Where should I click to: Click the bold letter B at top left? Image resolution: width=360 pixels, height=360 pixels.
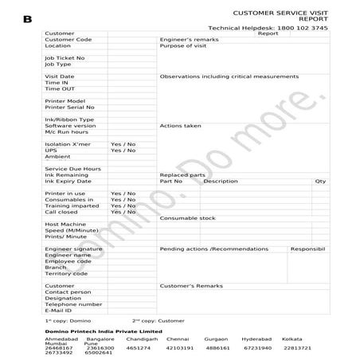(x=28, y=18)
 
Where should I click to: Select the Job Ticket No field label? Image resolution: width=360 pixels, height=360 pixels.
(x=65, y=58)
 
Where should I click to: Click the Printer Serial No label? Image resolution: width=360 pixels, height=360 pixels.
(x=69, y=107)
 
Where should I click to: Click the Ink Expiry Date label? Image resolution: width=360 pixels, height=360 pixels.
(x=68, y=181)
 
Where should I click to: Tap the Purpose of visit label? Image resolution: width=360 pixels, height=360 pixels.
(x=183, y=45)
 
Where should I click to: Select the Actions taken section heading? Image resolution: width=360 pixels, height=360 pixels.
(x=180, y=126)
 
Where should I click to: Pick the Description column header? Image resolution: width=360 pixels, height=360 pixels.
(x=221, y=181)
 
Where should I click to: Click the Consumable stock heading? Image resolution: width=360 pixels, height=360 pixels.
(x=187, y=217)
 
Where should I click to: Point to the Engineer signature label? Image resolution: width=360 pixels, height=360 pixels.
(x=74, y=248)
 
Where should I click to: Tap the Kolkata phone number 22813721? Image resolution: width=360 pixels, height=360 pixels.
(x=297, y=348)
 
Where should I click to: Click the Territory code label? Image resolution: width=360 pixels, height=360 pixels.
(x=66, y=273)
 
